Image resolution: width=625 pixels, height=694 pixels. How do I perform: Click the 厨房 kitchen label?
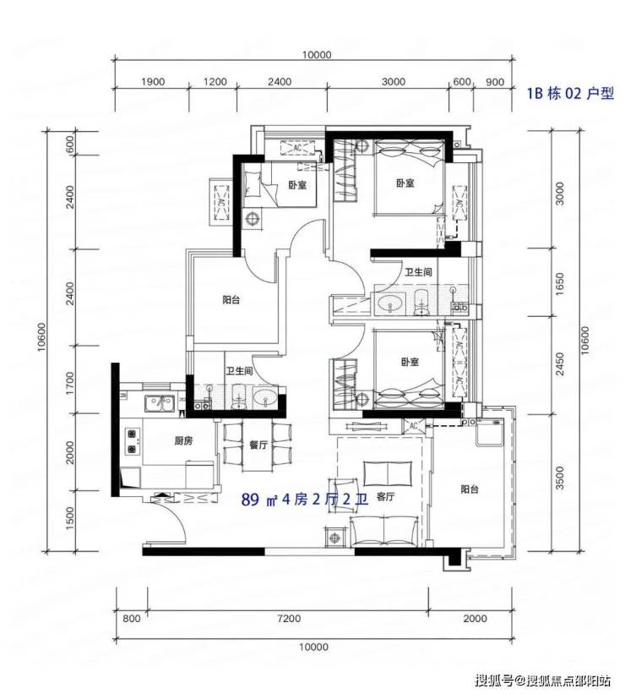click(183, 441)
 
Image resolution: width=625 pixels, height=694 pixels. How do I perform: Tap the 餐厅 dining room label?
click(258, 445)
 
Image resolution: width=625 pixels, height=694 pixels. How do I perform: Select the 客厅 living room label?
click(385, 497)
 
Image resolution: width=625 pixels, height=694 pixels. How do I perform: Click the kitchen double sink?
click(159, 403)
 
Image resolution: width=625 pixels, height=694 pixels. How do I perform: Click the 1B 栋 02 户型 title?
click(570, 93)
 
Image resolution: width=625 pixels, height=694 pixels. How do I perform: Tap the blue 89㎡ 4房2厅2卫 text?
click(305, 500)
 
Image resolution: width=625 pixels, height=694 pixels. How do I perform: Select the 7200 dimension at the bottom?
click(289, 618)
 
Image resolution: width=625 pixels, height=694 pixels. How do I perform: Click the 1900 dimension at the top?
click(153, 82)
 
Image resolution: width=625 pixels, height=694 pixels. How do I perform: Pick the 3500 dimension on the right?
click(560, 478)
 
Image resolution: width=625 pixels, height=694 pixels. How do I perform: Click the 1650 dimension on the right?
click(560, 284)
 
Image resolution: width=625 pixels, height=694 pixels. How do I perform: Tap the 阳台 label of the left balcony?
click(231, 300)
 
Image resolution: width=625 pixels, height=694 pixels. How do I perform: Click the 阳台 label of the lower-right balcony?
click(470, 489)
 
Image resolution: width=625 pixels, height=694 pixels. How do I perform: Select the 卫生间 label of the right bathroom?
click(418, 271)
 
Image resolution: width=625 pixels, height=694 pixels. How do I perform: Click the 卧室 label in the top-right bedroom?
click(405, 183)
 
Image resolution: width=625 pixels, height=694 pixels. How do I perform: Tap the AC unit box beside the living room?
click(413, 426)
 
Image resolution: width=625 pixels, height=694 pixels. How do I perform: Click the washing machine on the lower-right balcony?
click(489, 433)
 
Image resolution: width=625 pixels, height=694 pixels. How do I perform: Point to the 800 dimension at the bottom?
click(132, 618)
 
